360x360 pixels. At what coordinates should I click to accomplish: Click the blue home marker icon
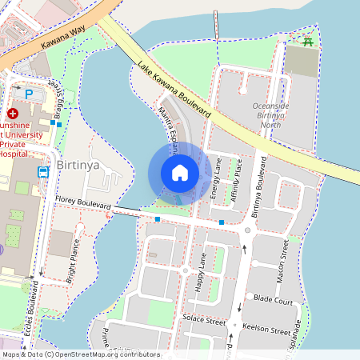[x=180, y=173]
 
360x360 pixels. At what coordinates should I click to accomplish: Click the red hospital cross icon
[x=13, y=114]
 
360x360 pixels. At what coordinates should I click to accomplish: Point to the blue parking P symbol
[x=30, y=94]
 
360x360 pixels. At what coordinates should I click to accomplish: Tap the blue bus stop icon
[x=42, y=171]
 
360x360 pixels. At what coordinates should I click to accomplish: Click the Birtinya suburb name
[x=80, y=166]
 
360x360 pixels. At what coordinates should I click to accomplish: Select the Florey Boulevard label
[x=82, y=204]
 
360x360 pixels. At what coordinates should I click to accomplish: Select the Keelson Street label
[x=267, y=329]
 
